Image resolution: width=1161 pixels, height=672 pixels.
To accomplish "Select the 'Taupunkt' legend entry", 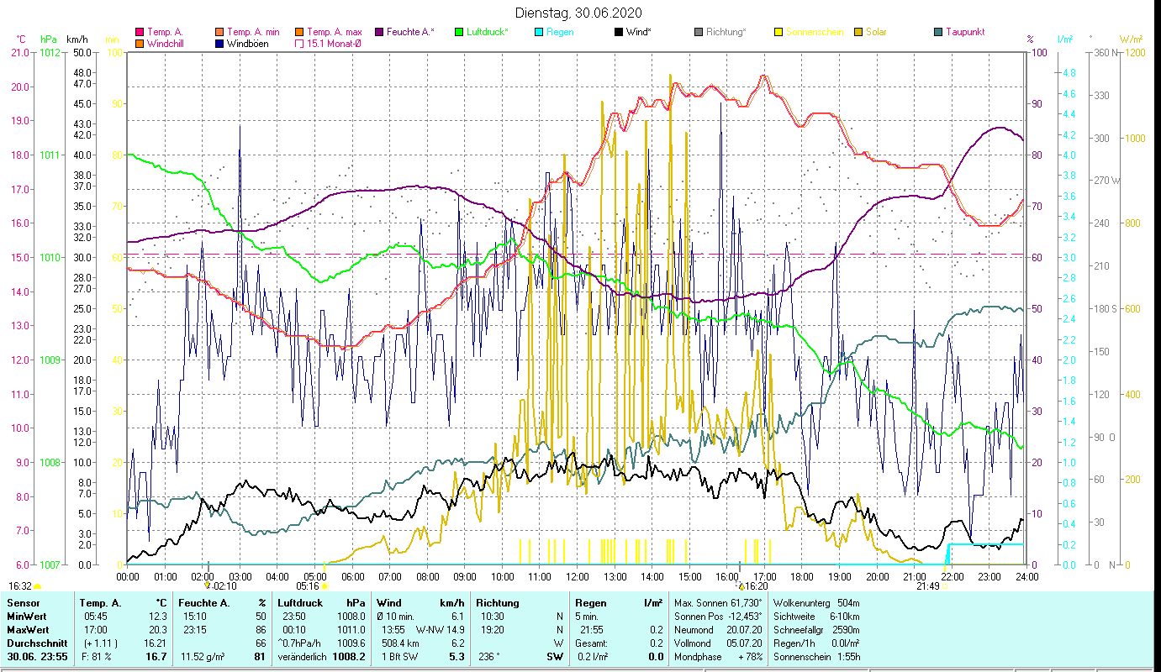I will [964, 32].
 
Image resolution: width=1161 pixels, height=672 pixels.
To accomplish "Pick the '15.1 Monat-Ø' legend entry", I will [334, 44].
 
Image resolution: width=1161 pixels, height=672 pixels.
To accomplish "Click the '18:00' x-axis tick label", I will [802, 577].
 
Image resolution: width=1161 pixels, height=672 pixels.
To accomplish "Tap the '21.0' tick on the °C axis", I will [19, 53].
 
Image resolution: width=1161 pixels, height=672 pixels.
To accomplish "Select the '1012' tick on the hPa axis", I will [50, 53].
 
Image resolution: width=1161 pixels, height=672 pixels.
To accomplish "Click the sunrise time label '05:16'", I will [309, 586].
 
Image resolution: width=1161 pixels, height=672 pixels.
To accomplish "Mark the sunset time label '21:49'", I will [927, 586].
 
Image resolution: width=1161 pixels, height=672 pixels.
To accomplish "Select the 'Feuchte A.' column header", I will [202, 603].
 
